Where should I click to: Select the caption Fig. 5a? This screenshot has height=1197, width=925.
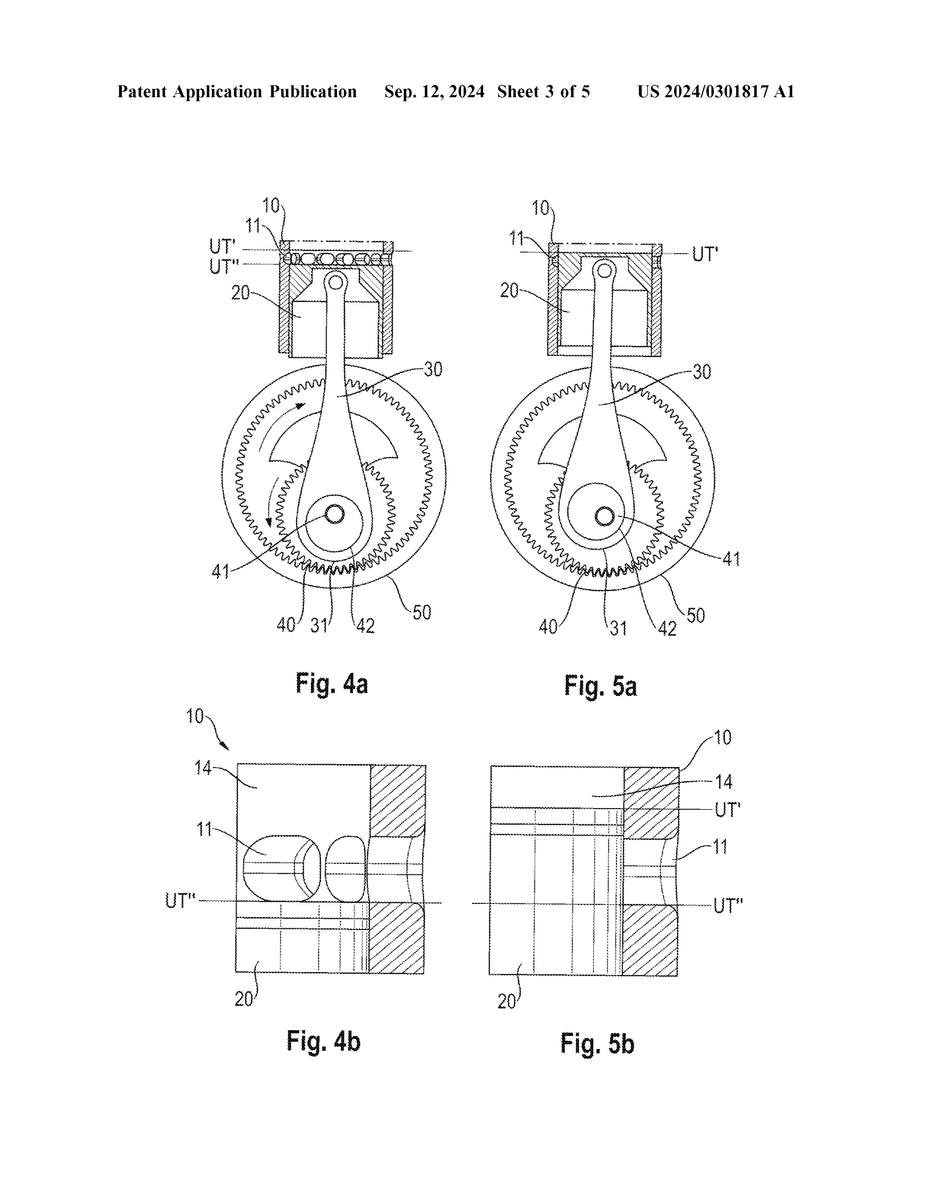coord(601,687)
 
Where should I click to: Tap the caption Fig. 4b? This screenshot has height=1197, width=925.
coord(323,1041)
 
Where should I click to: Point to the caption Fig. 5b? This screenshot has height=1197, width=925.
coord(597,1044)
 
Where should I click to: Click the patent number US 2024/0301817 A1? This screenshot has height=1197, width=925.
coord(716,91)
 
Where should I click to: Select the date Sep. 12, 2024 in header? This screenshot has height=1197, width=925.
coord(434,91)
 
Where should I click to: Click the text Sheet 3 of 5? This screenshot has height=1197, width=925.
coord(543,91)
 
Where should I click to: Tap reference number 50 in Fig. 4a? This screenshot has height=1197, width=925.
coord(422,612)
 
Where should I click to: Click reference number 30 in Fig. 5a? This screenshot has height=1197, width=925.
coord(702,372)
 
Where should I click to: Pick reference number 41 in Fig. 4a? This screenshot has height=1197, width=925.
coord(220,572)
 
